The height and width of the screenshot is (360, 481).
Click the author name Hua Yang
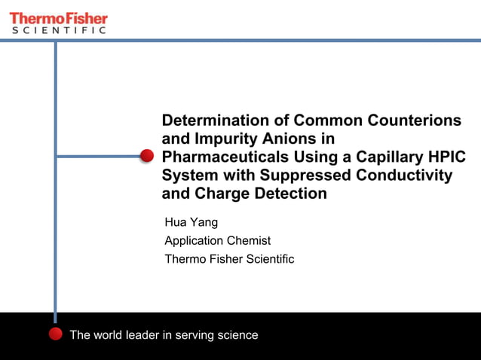click(x=191, y=222)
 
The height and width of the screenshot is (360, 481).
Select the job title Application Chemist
click(x=217, y=240)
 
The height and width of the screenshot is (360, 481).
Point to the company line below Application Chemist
click(x=229, y=258)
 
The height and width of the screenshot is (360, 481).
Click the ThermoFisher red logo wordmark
click(x=58, y=17)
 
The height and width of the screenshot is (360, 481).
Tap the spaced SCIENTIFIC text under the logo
click(x=58, y=30)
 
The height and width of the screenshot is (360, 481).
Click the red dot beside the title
click(x=147, y=156)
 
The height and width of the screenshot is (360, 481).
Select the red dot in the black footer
click(x=55, y=334)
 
